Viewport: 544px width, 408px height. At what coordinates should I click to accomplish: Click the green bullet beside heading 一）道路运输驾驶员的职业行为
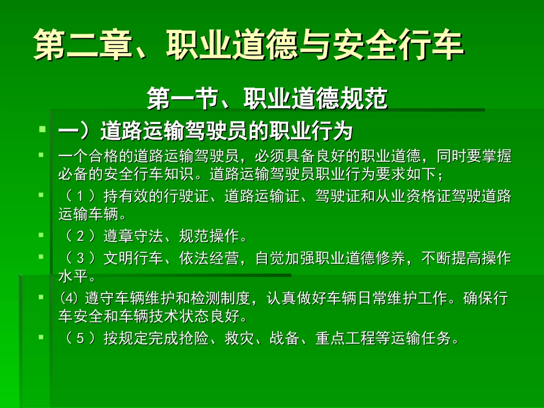[x=42, y=130]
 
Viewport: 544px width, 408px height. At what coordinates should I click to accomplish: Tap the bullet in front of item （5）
[x=42, y=337]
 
